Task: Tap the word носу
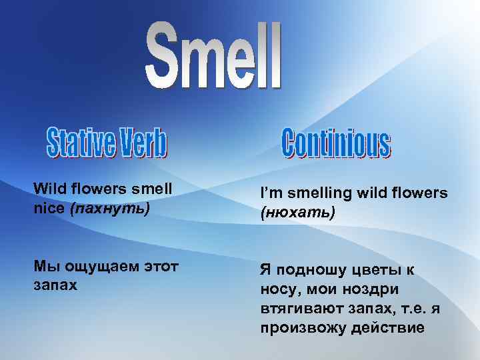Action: pos(278,290)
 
